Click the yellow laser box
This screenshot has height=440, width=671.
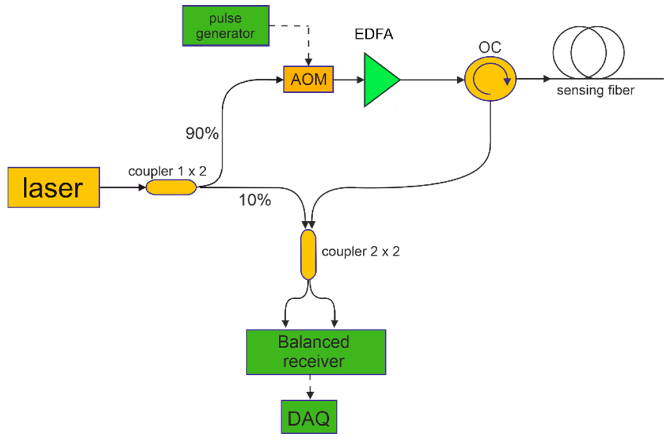click(54, 187)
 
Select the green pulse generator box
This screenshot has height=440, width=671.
click(226, 26)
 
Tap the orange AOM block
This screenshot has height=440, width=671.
click(308, 79)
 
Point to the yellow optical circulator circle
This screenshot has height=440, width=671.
click(490, 79)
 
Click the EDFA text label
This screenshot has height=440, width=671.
click(374, 34)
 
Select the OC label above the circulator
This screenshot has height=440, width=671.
click(490, 47)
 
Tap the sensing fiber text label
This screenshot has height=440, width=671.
click(595, 91)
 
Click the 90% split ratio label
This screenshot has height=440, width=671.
click(202, 133)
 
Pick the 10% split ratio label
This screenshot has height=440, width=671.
click(255, 200)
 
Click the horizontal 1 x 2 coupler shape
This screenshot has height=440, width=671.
click(171, 187)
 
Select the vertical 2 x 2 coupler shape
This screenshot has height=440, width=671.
click(308, 254)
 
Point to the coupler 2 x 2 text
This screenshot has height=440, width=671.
click(360, 251)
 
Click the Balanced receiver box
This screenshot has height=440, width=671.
click(316, 352)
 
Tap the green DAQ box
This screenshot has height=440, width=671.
click(309, 417)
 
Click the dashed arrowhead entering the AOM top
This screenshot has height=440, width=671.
click(308, 62)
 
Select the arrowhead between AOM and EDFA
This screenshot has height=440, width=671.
click(360, 80)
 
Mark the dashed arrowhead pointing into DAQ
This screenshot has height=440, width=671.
click(310, 395)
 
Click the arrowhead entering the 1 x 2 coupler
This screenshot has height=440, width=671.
click(142, 187)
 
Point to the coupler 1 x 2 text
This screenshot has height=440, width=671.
click(167, 171)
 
